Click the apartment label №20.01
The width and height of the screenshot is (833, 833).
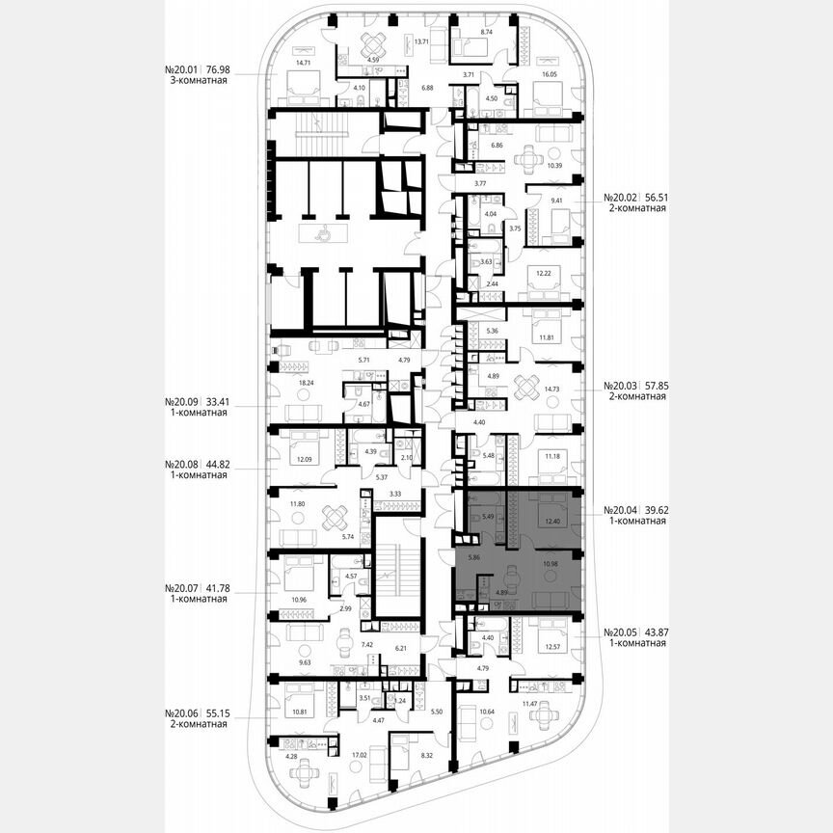coord(183,70)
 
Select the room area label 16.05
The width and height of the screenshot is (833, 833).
coord(551,73)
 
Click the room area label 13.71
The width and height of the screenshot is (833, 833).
coord(419,42)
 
